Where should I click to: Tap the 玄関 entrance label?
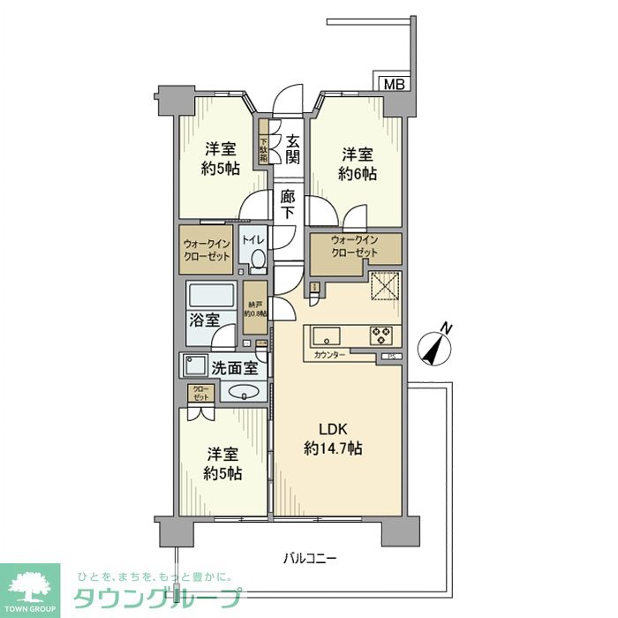[293, 149]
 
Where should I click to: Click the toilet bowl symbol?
[256, 259]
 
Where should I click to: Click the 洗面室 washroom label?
[233, 366]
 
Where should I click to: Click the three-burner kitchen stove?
[382, 335]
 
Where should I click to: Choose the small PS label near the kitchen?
[388, 357]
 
